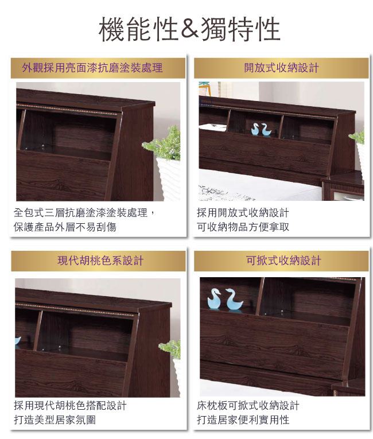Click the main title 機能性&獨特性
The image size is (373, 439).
click(x=189, y=29)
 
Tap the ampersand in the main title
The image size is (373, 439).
click(x=189, y=29)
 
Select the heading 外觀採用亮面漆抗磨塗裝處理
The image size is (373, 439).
click(x=92, y=68)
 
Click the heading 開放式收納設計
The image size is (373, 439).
click(x=281, y=68)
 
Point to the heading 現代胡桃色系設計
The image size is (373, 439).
click(x=100, y=261)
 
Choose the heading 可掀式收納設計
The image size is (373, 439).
click(x=283, y=261)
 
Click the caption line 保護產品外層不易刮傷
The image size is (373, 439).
click(x=65, y=227)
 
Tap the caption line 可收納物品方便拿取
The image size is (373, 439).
click(x=243, y=227)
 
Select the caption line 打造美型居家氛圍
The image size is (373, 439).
click(x=55, y=419)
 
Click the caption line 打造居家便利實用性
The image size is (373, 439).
click(x=243, y=419)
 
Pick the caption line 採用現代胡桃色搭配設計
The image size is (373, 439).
click(x=70, y=405)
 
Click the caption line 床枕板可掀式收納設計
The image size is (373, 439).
click(x=248, y=405)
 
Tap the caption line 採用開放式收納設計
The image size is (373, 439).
click(x=243, y=213)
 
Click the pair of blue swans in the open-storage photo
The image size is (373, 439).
click(x=261, y=130)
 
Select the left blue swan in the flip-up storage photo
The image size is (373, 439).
click(x=214, y=299)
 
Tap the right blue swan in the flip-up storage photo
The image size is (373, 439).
click(x=234, y=300)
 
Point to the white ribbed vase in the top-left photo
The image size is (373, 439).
click(x=169, y=178)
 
